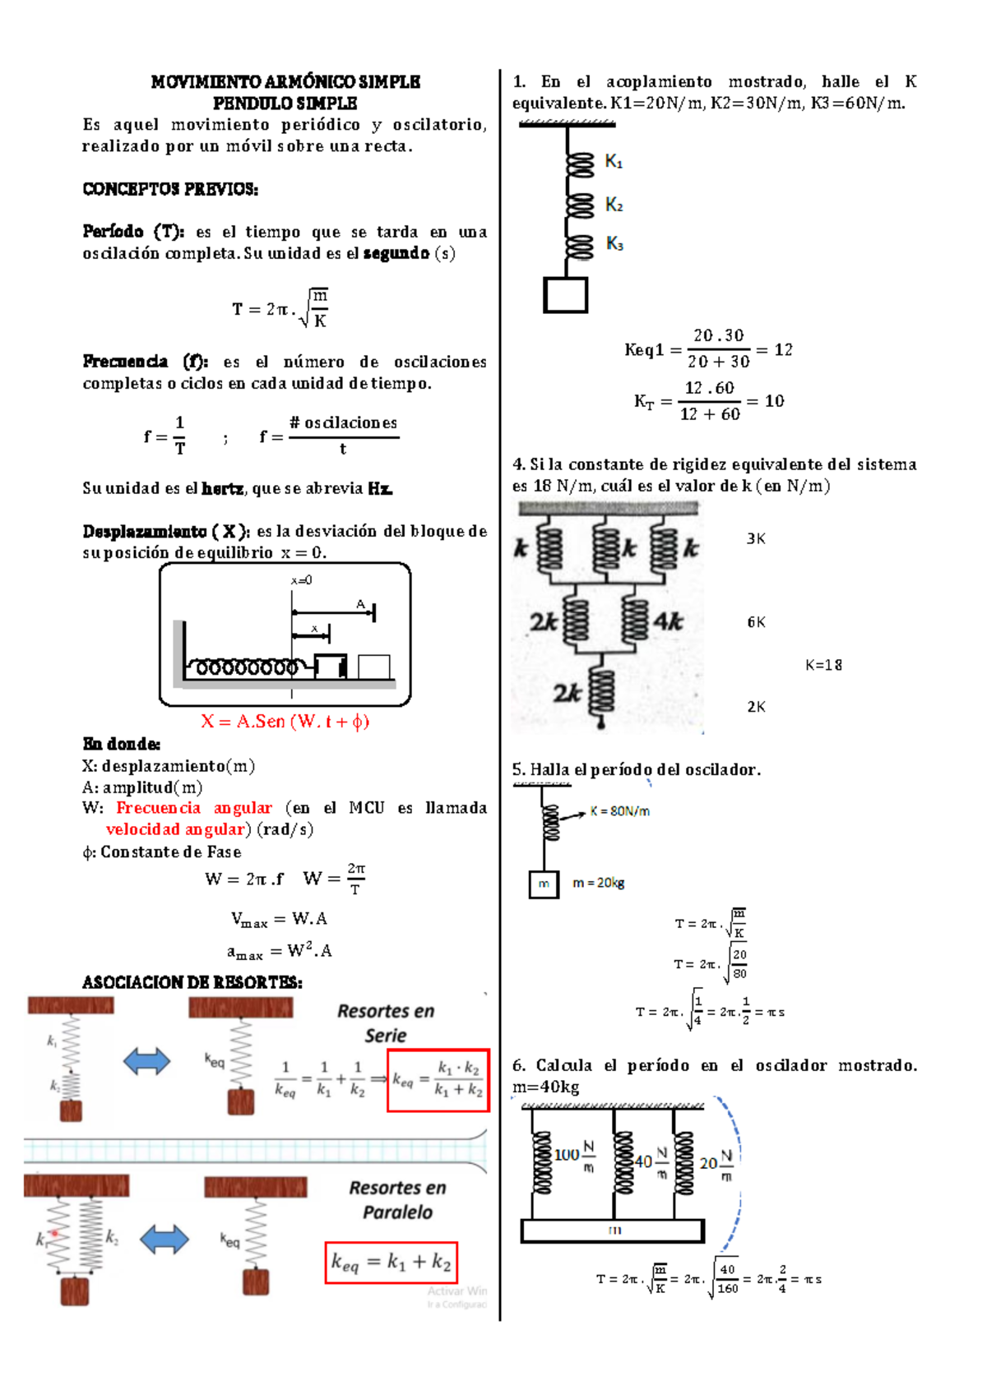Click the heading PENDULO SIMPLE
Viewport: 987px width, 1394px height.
coord(285,104)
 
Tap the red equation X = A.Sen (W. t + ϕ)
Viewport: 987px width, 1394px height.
coord(285,722)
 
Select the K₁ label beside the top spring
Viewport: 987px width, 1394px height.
coord(614,162)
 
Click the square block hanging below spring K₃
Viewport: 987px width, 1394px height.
coord(565,295)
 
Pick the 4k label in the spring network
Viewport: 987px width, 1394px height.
coord(668,621)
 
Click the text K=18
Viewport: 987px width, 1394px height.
coord(823,665)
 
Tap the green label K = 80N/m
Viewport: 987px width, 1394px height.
coord(619,811)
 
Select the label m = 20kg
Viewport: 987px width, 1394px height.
coord(599,883)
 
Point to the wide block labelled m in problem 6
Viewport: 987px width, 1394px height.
coord(613,1230)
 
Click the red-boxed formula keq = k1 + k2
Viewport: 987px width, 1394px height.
coord(391,1262)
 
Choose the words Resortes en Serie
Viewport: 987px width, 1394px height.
coord(386,1023)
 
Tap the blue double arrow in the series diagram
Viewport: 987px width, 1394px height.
coord(146,1061)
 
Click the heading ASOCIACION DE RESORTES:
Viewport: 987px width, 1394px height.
coord(192,983)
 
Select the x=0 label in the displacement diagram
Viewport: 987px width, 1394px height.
coord(301,580)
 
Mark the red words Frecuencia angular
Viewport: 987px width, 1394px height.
coord(193,808)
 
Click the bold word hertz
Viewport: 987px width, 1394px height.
coord(222,488)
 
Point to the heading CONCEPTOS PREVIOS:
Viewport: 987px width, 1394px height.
coord(170,188)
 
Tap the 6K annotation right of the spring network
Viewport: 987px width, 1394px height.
coord(756,621)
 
